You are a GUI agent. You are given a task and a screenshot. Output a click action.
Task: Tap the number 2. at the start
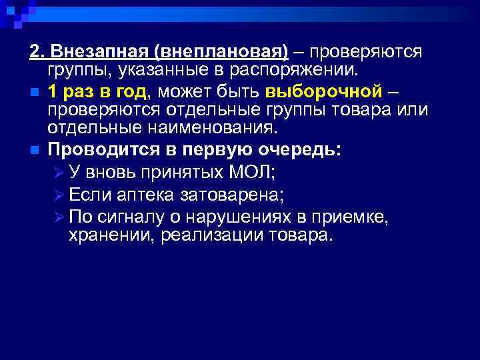click(x=37, y=53)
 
